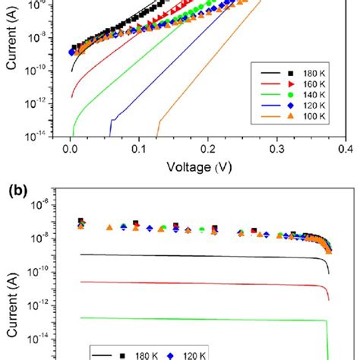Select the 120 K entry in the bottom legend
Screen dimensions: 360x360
[201, 354]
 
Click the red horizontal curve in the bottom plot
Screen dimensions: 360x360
[190, 284]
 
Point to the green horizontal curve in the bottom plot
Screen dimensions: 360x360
[190, 318]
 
